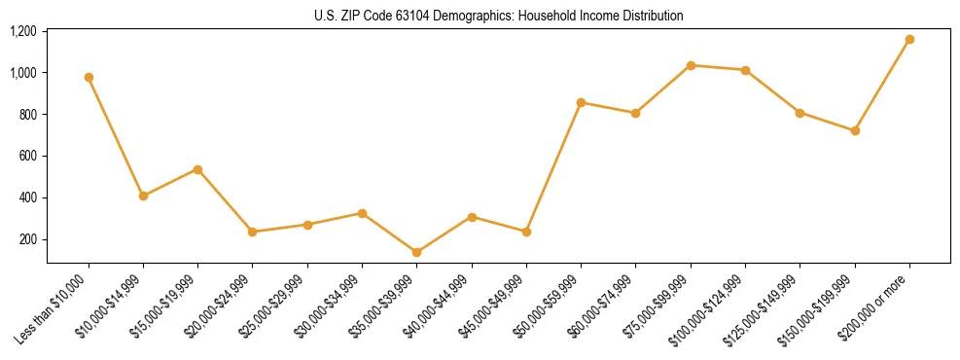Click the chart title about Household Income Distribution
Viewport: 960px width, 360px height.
point(498,16)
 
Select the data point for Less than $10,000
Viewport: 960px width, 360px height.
point(89,77)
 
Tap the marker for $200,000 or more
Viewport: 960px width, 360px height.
point(909,40)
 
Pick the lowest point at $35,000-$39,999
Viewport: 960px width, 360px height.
point(416,252)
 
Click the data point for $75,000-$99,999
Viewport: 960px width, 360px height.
point(691,65)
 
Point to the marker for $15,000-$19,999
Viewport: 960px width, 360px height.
point(197,169)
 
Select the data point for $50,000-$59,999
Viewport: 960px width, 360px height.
point(581,102)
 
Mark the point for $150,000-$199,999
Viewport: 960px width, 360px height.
point(855,130)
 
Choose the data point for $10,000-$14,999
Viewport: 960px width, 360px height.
point(143,196)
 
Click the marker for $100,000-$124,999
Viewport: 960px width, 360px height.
point(745,70)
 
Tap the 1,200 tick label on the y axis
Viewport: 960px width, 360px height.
point(22,31)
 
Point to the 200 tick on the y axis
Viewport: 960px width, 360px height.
point(27,239)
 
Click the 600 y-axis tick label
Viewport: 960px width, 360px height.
point(27,156)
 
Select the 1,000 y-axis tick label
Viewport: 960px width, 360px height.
point(22,73)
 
